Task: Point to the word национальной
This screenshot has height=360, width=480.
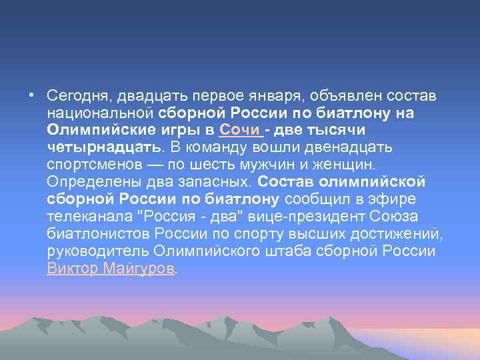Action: point(101,113)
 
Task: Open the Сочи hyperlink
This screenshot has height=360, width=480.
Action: point(235,129)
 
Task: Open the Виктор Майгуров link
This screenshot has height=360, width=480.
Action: point(110,268)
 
